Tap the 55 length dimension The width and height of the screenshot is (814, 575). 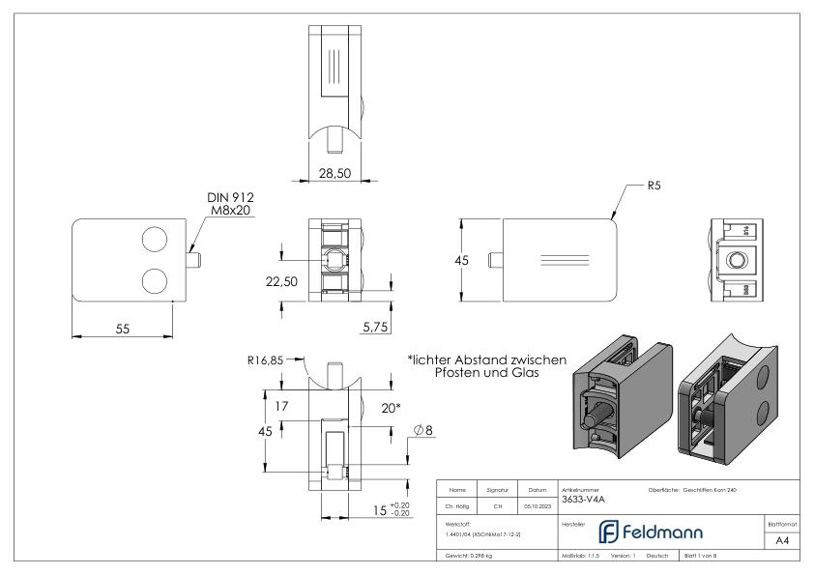tap(123, 329)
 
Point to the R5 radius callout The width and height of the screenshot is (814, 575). tap(654, 185)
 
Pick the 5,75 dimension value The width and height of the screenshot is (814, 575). tap(375, 328)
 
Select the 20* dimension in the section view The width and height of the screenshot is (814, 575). tap(389, 408)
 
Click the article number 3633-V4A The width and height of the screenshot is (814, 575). tap(580, 500)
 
